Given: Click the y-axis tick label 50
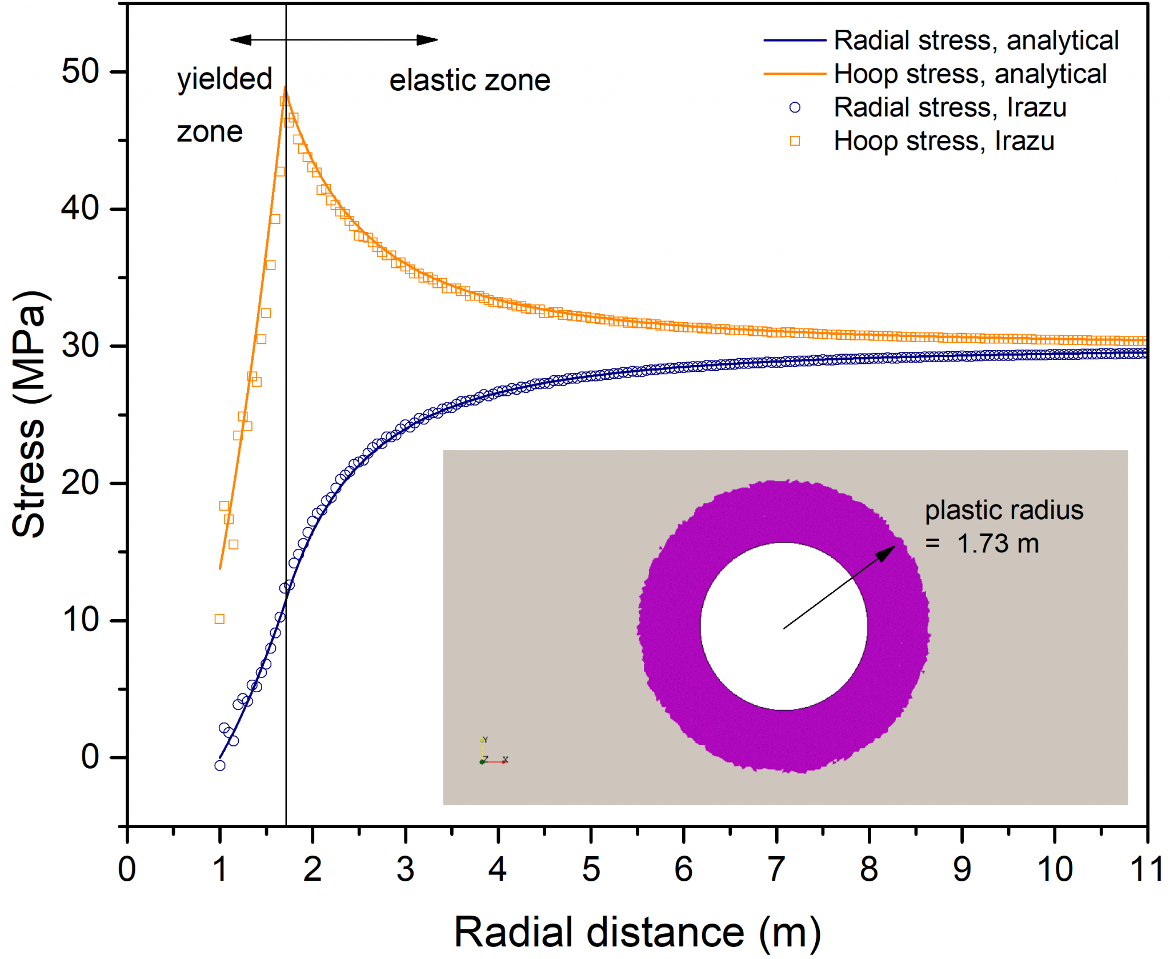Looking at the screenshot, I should coord(81,72).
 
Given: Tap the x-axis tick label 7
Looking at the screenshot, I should coord(776,869).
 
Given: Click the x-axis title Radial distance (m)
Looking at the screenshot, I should coord(637,932).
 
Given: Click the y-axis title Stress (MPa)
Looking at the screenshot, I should coord(30,414).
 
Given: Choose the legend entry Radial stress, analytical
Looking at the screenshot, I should coord(976,41).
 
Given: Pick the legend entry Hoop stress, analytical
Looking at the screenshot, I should coord(970,74).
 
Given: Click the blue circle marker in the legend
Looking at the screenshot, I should coord(795,107).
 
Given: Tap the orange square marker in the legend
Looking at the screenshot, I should coord(795,141).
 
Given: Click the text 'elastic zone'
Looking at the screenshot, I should coord(470,81).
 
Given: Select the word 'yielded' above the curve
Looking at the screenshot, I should coord(225,79).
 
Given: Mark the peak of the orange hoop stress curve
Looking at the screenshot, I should coord(285,89).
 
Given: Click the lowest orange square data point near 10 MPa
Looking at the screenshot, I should coord(219,619).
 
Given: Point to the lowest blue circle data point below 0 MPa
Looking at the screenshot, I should coord(220,765).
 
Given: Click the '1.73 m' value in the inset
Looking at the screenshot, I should coord(997,544).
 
